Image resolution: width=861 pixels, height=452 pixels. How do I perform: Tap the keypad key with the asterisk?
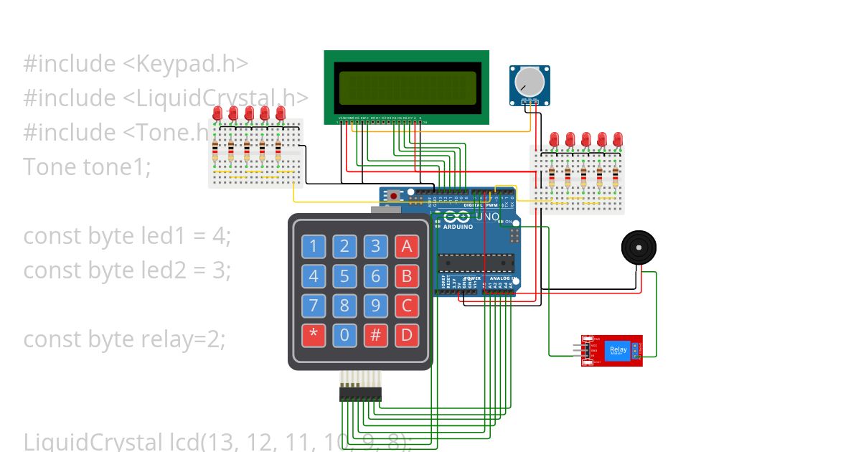[x=313, y=335]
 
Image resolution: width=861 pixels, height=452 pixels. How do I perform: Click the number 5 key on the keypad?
[x=344, y=276]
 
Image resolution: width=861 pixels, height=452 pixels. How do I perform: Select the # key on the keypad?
[x=375, y=335]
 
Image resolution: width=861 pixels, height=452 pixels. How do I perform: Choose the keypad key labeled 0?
[x=344, y=335]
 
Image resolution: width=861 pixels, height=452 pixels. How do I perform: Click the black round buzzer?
[x=638, y=248]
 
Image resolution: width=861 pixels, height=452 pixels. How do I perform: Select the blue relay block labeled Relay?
[x=618, y=351]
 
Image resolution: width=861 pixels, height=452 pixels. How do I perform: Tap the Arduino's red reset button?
[x=394, y=194]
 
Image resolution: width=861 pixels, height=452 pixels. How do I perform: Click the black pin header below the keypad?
[x=360, y=394]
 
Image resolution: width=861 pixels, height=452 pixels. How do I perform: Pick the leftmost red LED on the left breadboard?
[x=217, y=113]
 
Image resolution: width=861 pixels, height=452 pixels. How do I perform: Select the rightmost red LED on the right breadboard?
[x=617, y=138]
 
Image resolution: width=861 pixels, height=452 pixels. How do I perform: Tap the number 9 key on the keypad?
[x=375, y=306]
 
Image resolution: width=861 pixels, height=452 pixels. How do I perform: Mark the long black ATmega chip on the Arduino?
[x=476, y=264]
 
